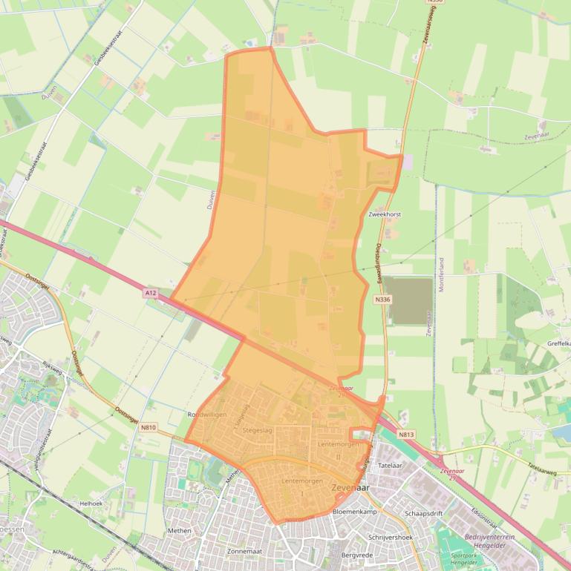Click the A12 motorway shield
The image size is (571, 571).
[151, 294]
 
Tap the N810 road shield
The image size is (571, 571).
[149, 428]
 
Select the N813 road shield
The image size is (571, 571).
[405, 435]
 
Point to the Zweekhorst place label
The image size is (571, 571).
[384, 214]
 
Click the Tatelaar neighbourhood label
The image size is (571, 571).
[390, 466]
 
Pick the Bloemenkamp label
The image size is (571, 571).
[356, 512]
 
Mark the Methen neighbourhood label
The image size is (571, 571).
[180, 531]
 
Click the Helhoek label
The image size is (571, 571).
[90, 503]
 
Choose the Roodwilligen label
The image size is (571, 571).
[207, 415]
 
